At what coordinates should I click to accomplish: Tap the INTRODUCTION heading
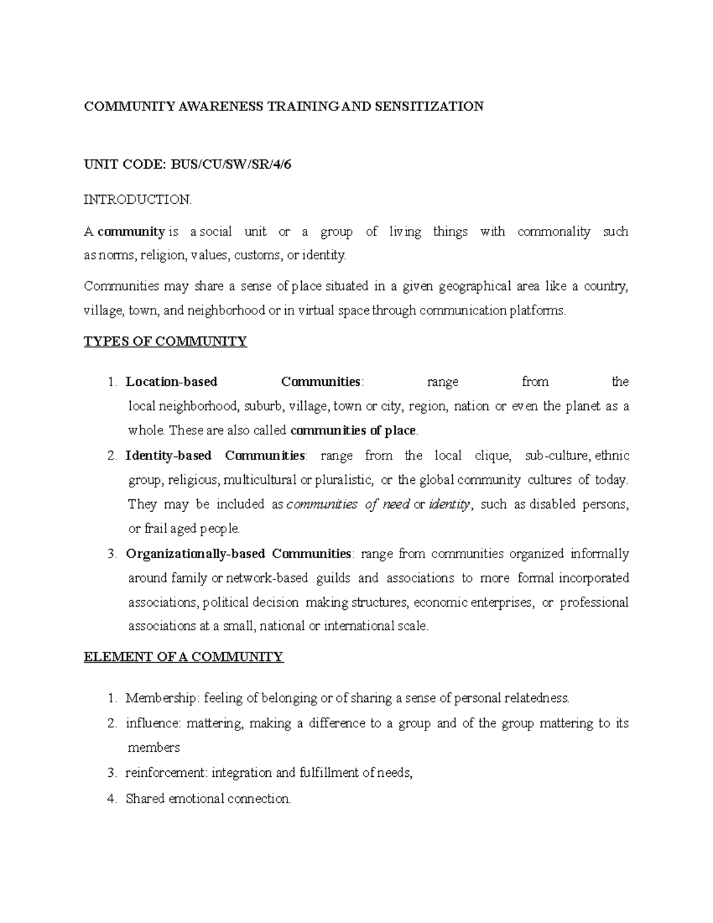138,200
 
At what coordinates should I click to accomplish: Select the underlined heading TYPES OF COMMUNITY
165,342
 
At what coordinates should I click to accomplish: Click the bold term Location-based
172,382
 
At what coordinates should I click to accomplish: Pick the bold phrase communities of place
355,430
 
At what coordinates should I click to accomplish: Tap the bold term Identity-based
169,456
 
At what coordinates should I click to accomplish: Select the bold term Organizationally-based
195,554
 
